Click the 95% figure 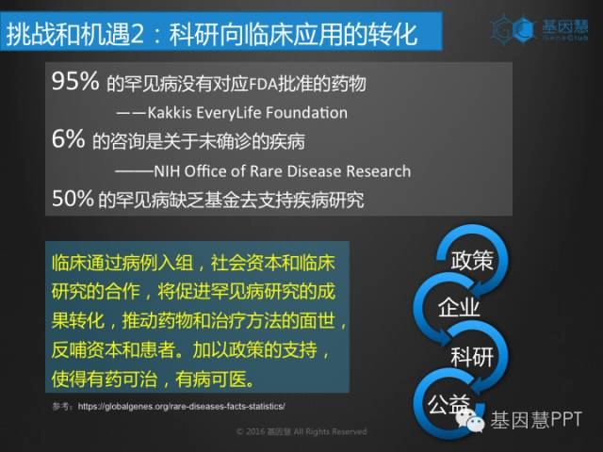tap(75, 81)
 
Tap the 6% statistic tap(68, 138)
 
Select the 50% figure tap(73, 198)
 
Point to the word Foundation tap(306, 113)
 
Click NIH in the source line tap(167, 171)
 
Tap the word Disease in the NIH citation tap(314, 171)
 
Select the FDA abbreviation tap(264, 84)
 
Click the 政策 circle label tap(472, 260)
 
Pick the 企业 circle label tap(459, 308)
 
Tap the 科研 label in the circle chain tap(472, 356)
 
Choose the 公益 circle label tap(449, 404)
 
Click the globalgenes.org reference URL tap(182, 406)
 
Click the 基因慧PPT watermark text tap(536, 419)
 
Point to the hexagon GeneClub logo tap(513, 28)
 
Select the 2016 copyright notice tap(301, 431)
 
